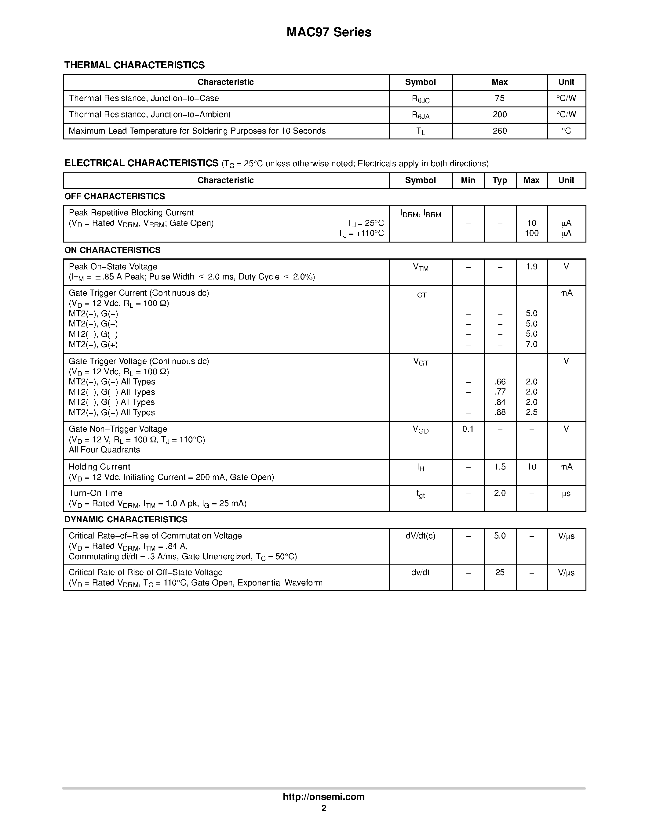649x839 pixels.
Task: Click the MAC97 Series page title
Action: (x=329, y=32)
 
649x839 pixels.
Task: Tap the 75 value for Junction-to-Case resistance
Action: (x=499, y=98)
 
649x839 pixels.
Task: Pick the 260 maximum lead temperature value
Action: (x=499, y=131)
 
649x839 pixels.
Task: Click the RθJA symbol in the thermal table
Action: (x=421, y=115)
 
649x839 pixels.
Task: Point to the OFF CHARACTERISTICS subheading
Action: (x=115, y=197)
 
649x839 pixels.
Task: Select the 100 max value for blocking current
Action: (x=531, y=233)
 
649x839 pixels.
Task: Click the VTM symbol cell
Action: (x=421, y=267)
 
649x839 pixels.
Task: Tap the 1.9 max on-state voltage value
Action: (x=531, y=267)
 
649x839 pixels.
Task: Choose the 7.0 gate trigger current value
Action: (x=531, y=344)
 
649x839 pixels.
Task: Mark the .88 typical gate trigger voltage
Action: (x=500, y=412)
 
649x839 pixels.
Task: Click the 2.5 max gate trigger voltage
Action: (x=531, y=412)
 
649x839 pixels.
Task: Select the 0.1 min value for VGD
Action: (x=468, y=429)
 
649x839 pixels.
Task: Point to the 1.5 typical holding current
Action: (x=500, y=467)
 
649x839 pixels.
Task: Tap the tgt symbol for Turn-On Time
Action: (x=421, y=494)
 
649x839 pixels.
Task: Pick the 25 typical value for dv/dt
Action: (x=500, y=572)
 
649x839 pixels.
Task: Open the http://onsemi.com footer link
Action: (x=324, y=797)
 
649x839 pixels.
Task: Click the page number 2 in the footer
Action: (x=324, y=808)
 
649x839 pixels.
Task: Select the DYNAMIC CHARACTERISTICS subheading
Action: (x=126, y=520)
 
